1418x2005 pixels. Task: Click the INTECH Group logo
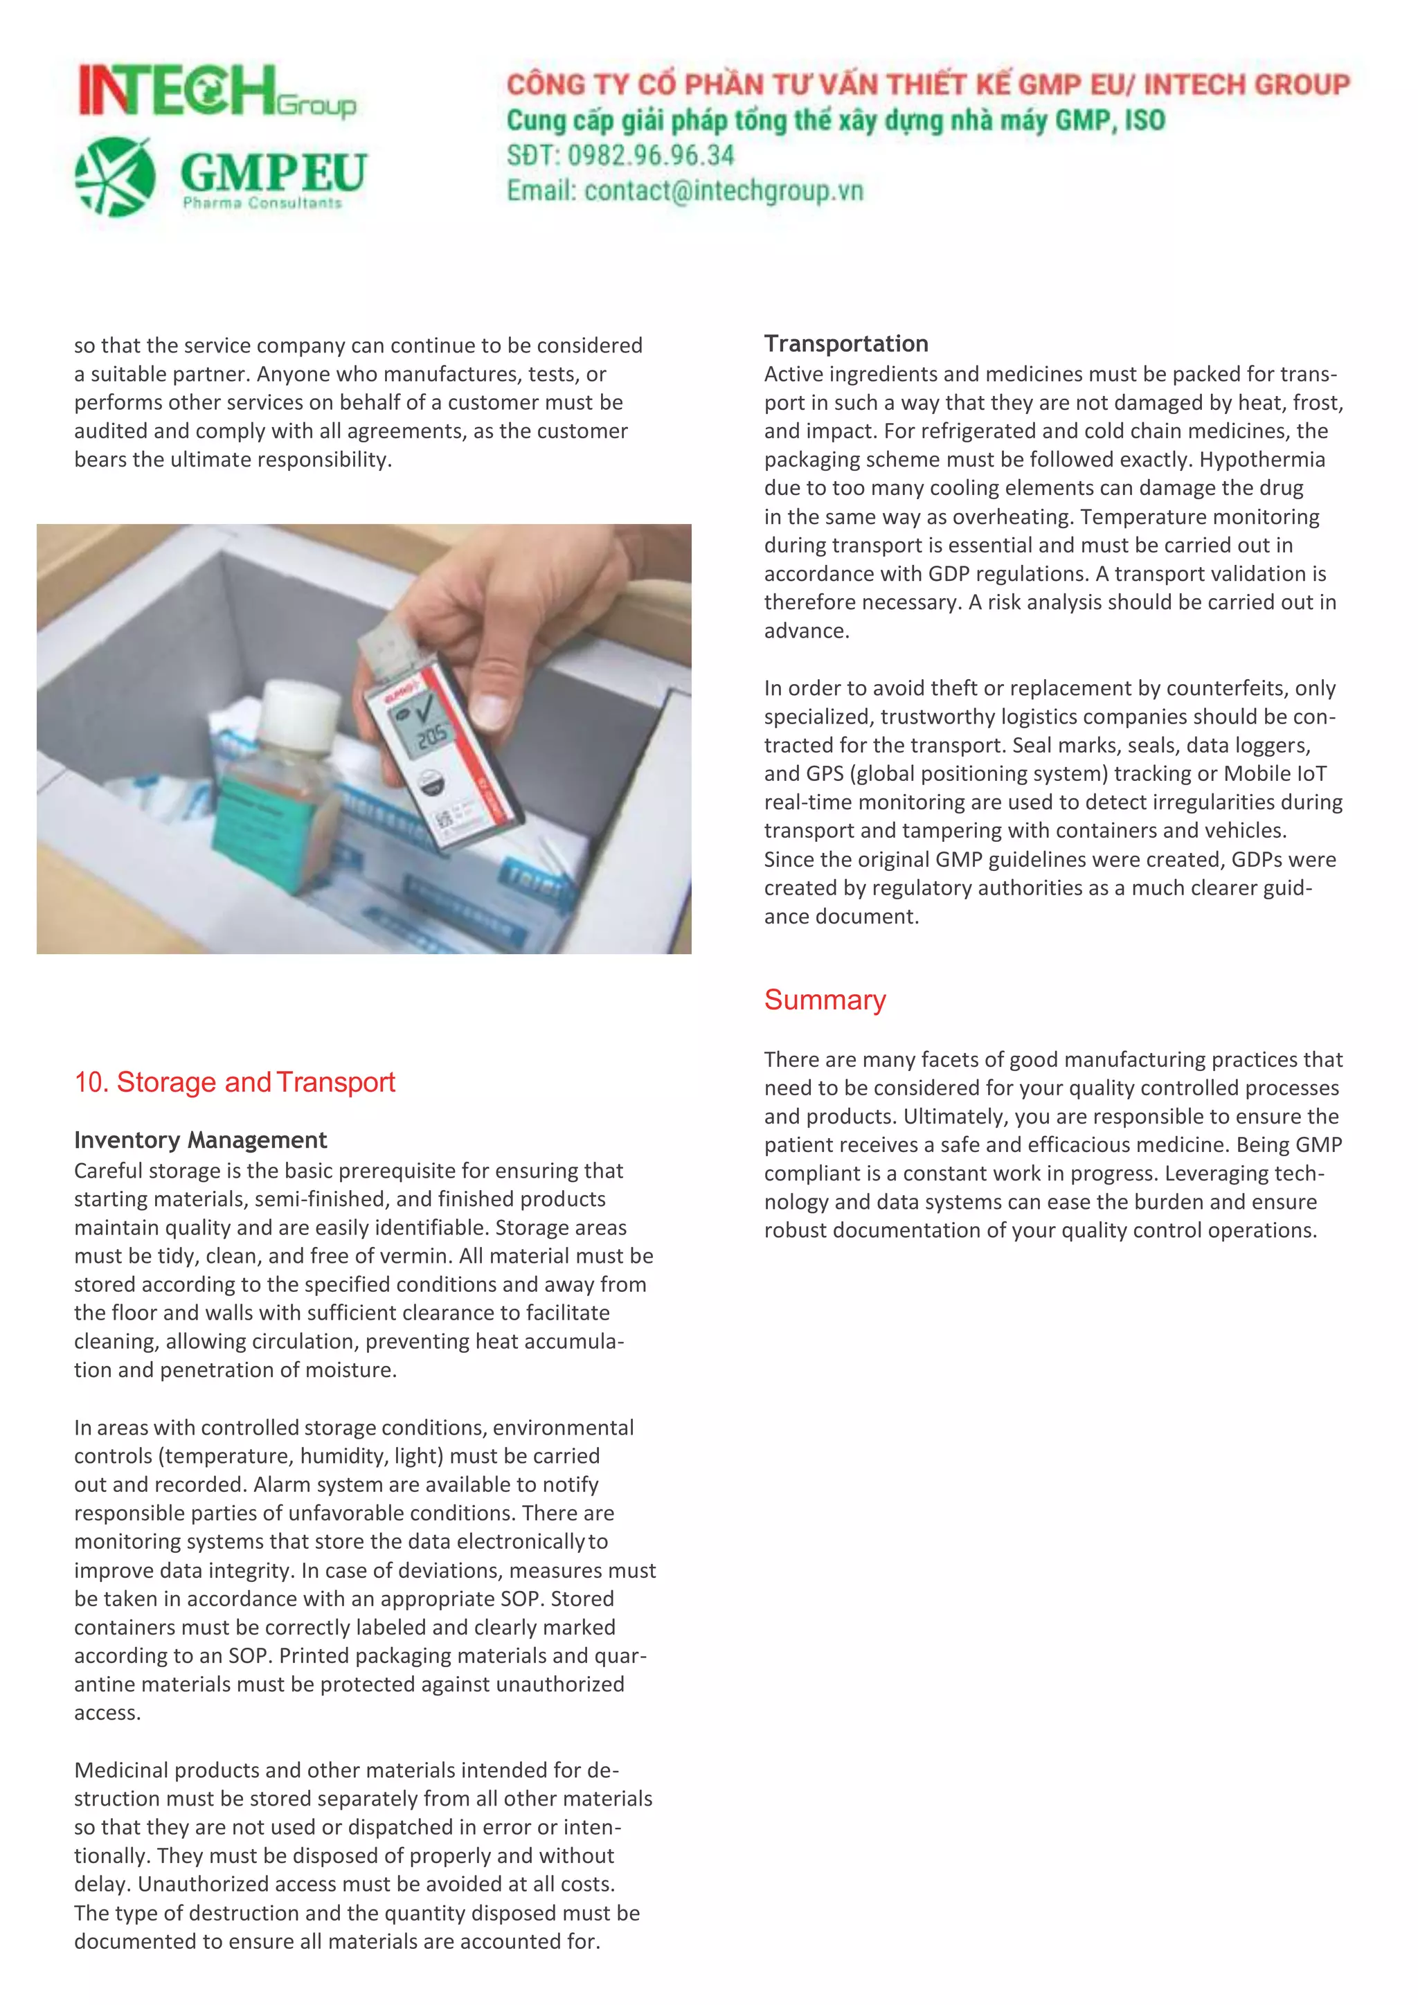point(217,91)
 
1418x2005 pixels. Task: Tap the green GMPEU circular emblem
point(115,177)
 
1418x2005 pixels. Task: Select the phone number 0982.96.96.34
point(651,156)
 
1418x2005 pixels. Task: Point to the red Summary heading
point(824,1000)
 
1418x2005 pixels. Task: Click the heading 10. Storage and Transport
point(234,1082)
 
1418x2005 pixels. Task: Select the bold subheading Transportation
point(845,343)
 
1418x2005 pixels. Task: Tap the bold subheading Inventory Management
point(200,1140)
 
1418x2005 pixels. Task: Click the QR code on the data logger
point(445,818)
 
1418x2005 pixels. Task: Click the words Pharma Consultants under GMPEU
point(262,204)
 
